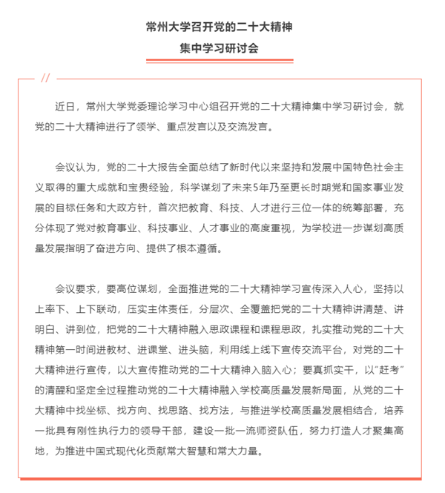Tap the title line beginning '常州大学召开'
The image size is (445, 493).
222,26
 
